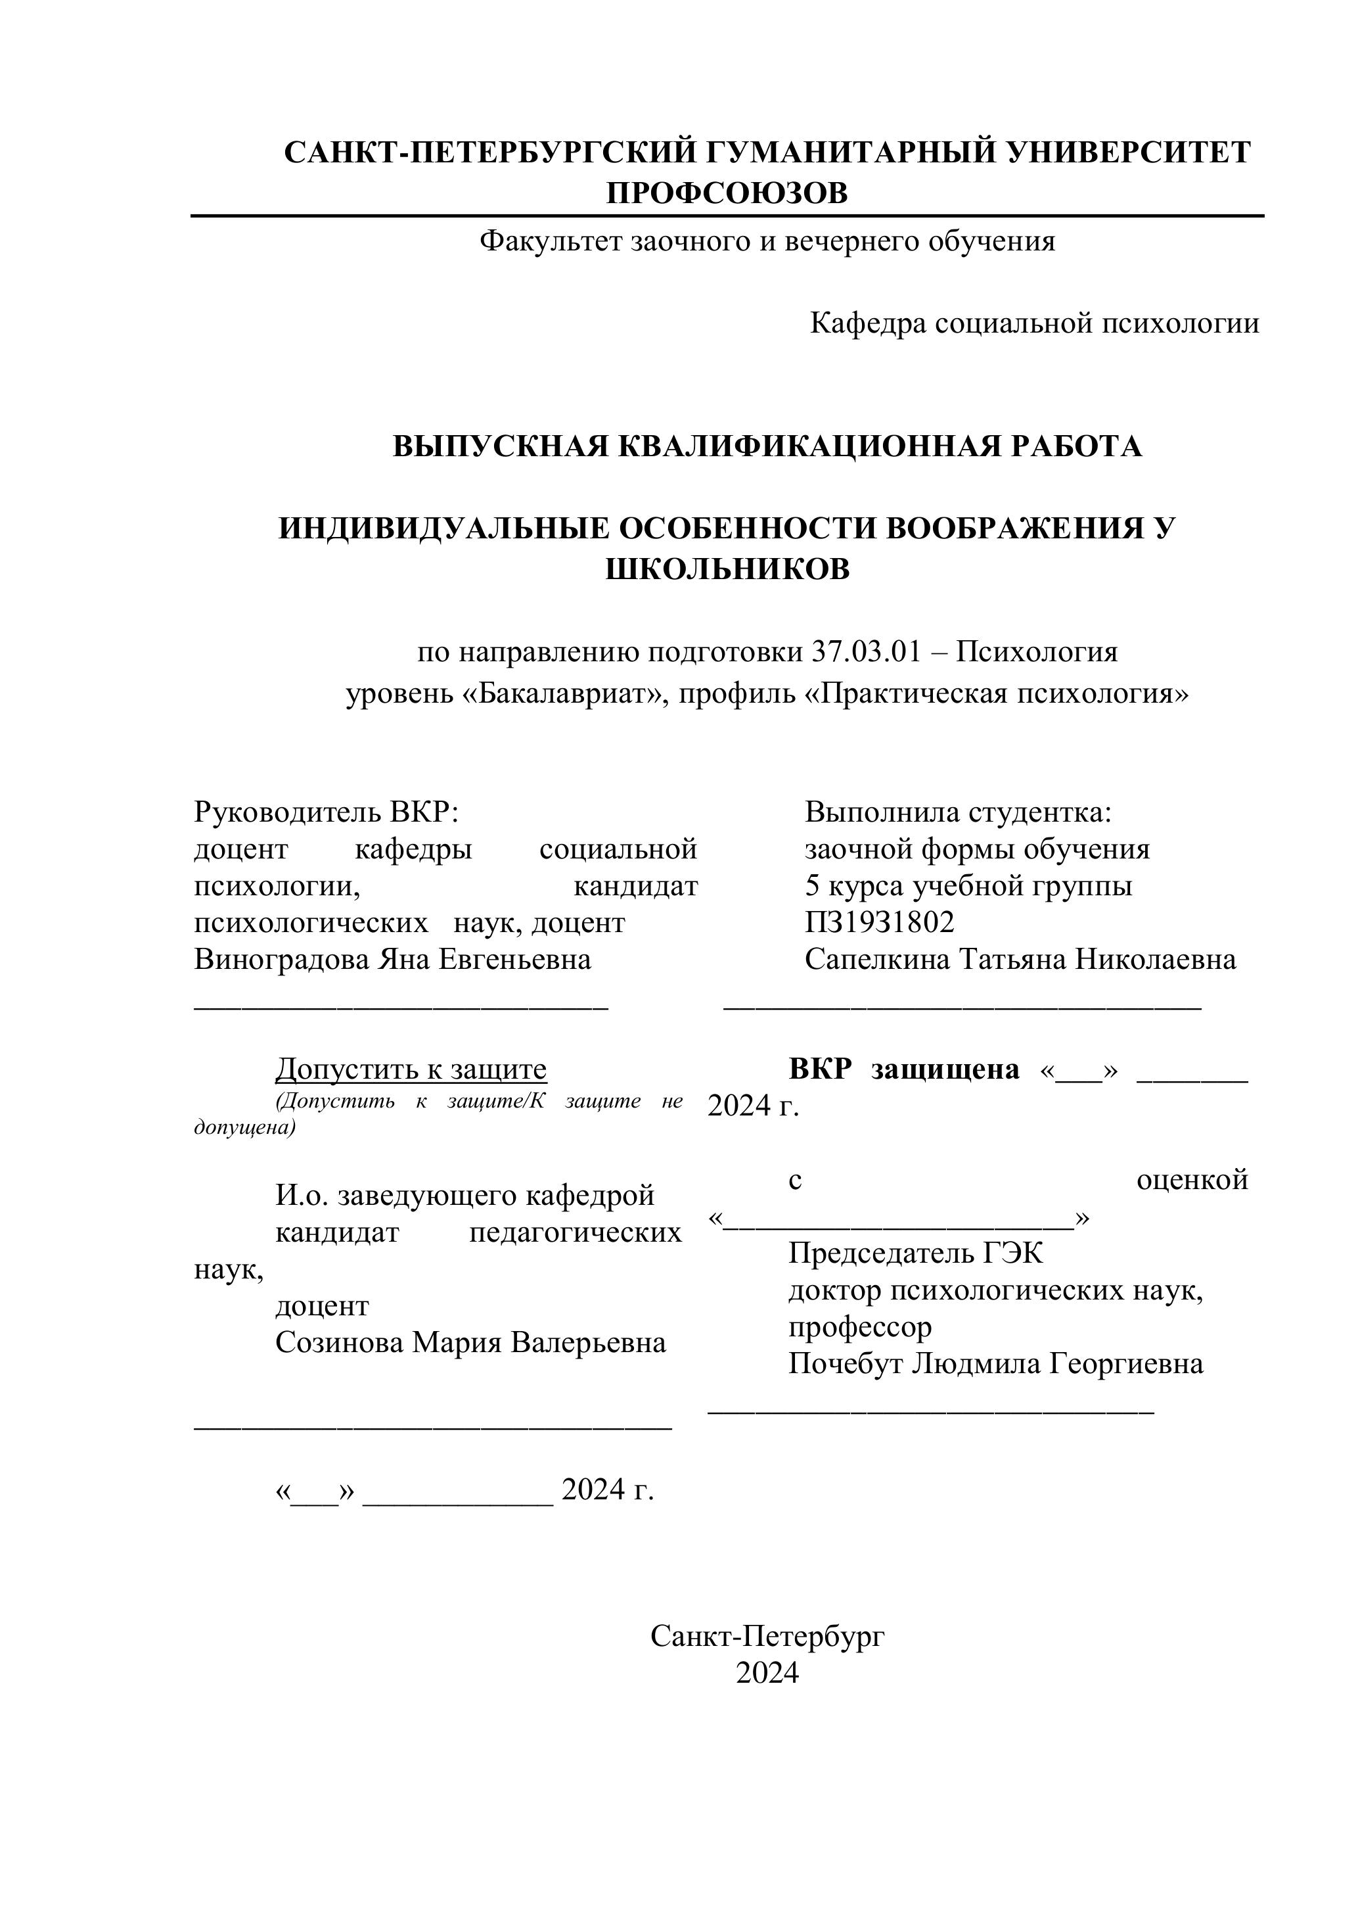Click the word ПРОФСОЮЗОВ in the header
(726, 193)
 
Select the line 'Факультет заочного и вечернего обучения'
(767, 241)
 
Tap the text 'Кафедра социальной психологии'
(1033, 323)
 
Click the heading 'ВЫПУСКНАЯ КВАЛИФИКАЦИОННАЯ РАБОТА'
(767, 446)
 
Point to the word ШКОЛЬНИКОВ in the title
(726, 569)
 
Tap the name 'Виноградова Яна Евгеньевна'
(392, 958)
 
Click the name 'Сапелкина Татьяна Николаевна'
(1020, 958)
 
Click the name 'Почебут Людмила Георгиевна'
(995, 1364)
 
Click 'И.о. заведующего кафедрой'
(464, 1196)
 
